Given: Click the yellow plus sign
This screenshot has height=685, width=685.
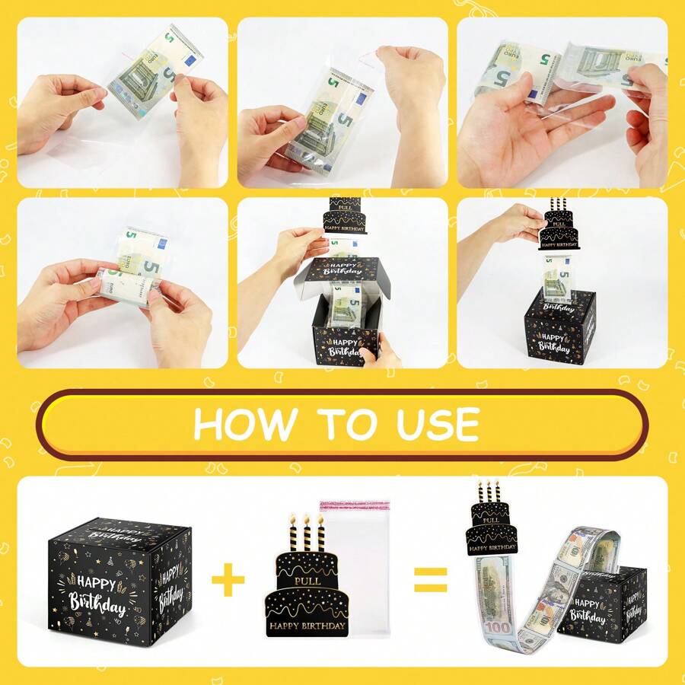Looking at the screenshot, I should [x=228, y=582].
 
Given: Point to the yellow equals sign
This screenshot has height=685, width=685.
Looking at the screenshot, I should [x=430, y=582].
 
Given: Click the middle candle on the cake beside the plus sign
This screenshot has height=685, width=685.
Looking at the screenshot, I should [x=307, y=533].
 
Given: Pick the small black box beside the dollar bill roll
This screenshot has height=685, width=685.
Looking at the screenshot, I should [x=609, y=609].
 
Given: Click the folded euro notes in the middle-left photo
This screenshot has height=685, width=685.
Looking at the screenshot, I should [x=137, y=266].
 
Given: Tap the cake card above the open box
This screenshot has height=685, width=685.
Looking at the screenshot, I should [x=345, y=216].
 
